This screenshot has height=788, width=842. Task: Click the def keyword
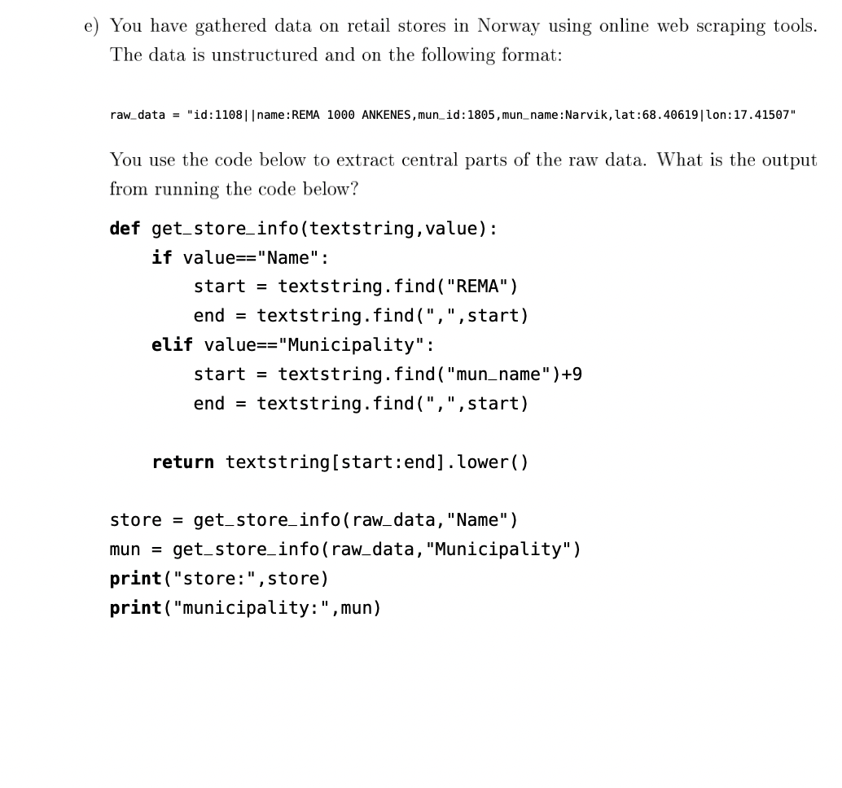[125, 228]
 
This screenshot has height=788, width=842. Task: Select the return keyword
[182, 462]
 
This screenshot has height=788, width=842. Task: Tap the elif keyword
[172, 345]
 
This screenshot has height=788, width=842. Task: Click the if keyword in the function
[161, 257]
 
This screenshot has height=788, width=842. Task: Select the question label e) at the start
[91, 26]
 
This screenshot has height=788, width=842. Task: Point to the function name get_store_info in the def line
[225, 228]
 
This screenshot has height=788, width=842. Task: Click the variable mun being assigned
[125, 549]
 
